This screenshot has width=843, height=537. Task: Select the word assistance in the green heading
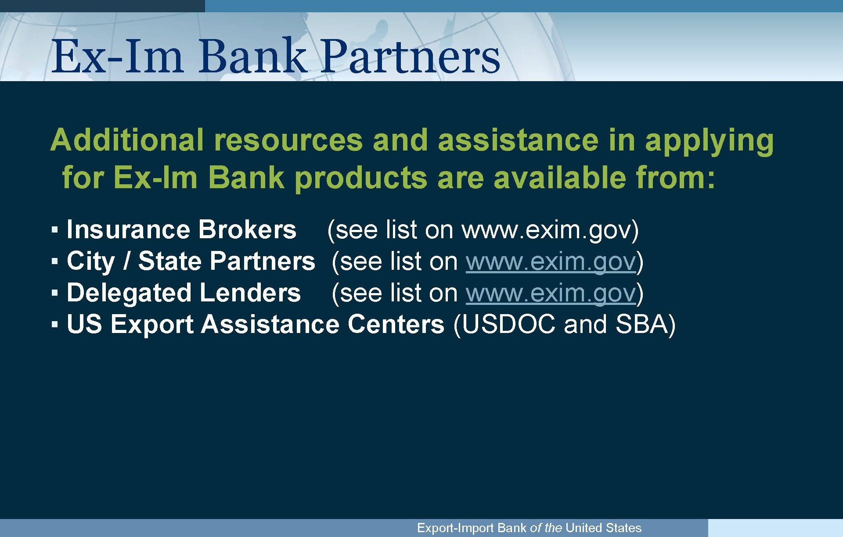pyautogui.click(x=518, y=140)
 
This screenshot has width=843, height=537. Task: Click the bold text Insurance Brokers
pyautogui.click(x=181, y=229)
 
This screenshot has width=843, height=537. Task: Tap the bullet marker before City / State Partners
pyautogui.click(x=54, y=261)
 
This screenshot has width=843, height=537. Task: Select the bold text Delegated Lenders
pyautogui.click(x=184, y=293)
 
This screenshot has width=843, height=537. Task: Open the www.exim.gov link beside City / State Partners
pyautogui.click(x=551, y=261)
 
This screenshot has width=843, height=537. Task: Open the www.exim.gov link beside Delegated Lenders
pyautogui.click(x=551, y=293)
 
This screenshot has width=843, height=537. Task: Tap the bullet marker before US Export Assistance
pyautogui.click(x=54, y=325)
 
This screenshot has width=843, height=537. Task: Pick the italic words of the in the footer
pyautogui.click(x=546, y=528)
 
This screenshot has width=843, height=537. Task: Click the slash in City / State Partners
pyautogui.click(x=127, y=261)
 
